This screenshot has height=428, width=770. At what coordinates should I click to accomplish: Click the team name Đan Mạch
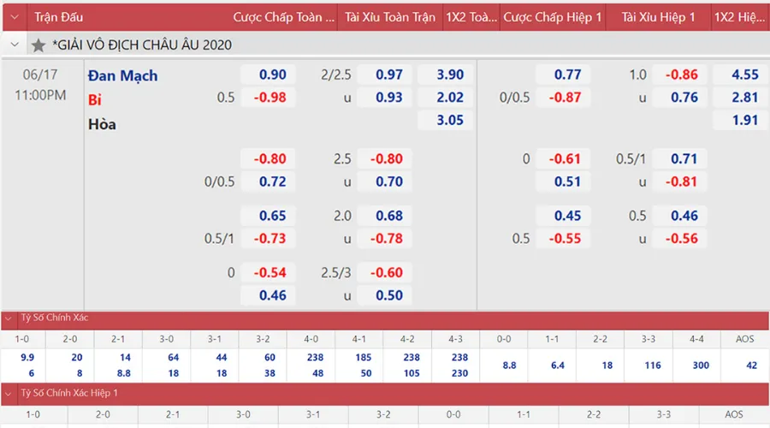coord(122,75)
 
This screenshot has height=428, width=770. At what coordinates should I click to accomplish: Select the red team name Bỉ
coord(95,98)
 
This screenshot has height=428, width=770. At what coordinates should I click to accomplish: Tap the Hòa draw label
coord(102,124)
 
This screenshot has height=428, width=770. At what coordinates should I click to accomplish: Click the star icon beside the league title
coord(38,45)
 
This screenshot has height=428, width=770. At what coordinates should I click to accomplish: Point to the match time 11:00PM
coord(40,95)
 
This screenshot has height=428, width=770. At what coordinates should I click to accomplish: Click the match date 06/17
coord(39,74)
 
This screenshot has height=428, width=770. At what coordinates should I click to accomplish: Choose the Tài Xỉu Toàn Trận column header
coord(389,17)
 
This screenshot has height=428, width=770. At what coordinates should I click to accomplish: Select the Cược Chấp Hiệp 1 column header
coord(553,17)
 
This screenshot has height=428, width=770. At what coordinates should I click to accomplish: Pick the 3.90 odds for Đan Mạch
coord(450,75)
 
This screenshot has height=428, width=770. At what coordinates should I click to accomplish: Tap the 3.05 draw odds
coord(450,121)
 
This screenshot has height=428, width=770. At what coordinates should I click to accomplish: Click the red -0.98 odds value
coord(269,98)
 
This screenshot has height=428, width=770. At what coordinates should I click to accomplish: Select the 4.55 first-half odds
coord(745,75)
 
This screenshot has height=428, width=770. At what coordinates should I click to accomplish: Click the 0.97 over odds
coord(389,75)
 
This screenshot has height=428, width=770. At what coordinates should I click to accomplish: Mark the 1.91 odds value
coord(745,121)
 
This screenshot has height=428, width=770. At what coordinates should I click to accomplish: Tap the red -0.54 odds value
coord(269,272)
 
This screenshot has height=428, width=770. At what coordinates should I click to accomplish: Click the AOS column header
coord(745,339)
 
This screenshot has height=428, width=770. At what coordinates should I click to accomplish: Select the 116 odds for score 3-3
coord(654,366)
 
